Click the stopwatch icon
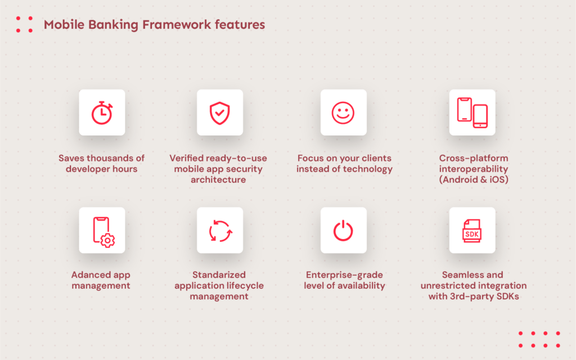pos(102,112)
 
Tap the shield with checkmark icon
pos(219,112)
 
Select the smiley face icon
pos(343,112)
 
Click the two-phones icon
pos(472,112)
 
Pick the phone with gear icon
pos(102,231)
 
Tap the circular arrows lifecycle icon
pos(219,231)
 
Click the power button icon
pos(343,231)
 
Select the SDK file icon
pos(472,231)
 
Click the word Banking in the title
pos(104,25)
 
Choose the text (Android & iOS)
pos(474,179)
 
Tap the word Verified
pos(187,158)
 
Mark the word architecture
pos(218,179)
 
